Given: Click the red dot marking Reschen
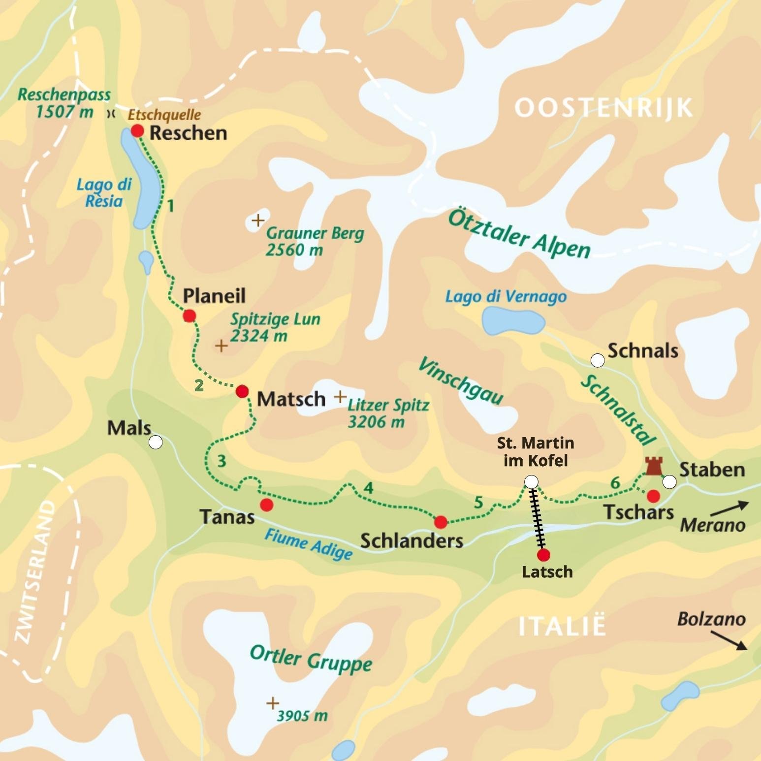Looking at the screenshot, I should pos(137,131).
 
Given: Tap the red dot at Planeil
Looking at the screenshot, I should pos(189,316).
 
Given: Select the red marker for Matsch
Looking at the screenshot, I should pos(242,392).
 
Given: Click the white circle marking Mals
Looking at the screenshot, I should pos(156,443).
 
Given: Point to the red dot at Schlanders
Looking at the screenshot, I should pos(441,522).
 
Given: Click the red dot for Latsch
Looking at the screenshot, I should pos(543,555).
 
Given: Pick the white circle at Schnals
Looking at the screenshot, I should pos(597,361).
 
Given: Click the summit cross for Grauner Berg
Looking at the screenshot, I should pos(257,221).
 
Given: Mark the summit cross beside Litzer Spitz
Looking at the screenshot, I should pos(340,397).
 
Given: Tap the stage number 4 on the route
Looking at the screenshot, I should pos(368,488).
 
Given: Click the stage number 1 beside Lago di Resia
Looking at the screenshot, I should pos(170,206).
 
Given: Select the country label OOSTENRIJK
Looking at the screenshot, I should pos(603,108).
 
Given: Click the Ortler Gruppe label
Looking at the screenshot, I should pos(311,659).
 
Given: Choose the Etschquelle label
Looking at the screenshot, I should pos(164,115).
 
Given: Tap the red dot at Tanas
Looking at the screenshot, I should pos(266,505).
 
